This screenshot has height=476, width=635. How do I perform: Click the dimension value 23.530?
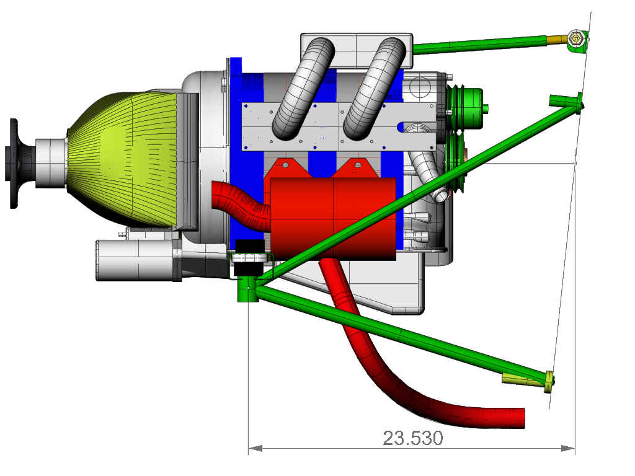pyautogui.click(x=412, y=438)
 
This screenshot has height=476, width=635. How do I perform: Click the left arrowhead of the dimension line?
pyautogui.click(x=255, y=448)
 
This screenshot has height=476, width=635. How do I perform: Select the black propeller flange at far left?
pyautogui.click(x=16, y=164)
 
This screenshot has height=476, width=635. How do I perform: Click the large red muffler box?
pyautogui.click(x=332, y=219)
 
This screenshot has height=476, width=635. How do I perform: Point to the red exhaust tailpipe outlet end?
pyautogui.click(x=520, y=418)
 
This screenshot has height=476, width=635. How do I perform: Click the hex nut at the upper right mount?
pyautogui.click(x=575, y=38)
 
